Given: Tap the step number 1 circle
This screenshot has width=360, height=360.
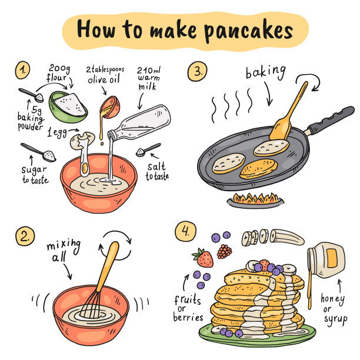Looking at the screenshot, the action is click(x=22, y=70).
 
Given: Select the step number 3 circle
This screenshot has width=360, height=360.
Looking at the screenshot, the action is click(x=197, y=71).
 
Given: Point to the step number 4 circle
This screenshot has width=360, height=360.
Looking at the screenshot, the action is click(x=185, y=231).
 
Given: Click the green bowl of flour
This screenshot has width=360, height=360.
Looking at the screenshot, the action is click(x=68, y=107).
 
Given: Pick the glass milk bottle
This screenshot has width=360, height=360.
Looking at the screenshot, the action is click(x=139, y=123).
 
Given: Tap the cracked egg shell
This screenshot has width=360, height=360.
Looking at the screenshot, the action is click(x=82, y=140).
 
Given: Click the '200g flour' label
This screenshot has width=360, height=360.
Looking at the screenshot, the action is click(x=59, y=73).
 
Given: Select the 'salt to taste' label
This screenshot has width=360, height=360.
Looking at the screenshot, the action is click(x=157, y=172).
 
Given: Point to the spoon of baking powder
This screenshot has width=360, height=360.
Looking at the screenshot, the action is click(x=31, y=95).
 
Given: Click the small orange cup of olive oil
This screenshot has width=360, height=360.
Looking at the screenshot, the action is click(x=110, y=107).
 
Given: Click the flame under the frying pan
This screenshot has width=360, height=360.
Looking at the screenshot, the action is click(x=255, y=198).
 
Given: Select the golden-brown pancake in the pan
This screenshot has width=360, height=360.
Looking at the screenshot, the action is click(x=258, y=169).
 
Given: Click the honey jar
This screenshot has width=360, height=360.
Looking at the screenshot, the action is click(x=326, y=259).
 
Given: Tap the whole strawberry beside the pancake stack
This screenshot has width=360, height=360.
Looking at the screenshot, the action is click(x=203, y=258).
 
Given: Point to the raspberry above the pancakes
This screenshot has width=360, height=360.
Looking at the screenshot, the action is click(x=224, y=251).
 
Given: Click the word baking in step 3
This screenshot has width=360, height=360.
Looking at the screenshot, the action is click(x=266, y=72).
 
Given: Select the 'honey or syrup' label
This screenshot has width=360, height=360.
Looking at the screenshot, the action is click(x=334, y=309).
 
